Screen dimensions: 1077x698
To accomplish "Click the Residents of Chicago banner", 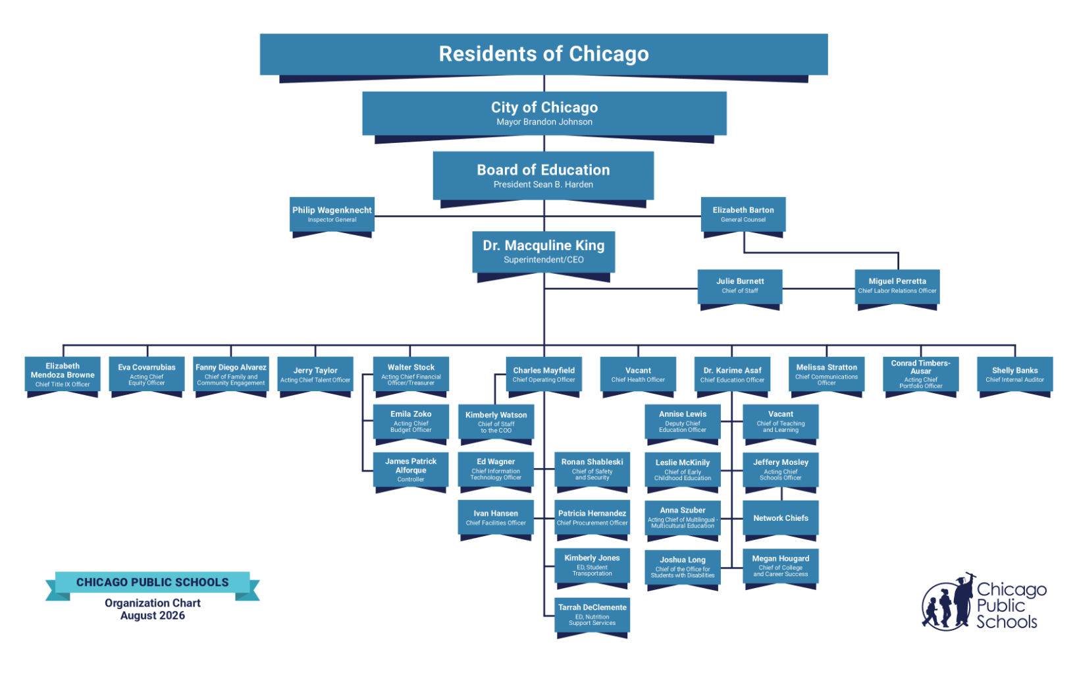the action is pyautogui.click(x=544, y=55).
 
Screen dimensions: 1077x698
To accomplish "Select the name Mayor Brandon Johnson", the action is pyautogui.click(x=544, y=122).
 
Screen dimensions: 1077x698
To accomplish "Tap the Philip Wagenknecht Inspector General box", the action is pyautogui.click(x=332, y=215).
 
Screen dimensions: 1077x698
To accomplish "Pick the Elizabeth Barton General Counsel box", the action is pyautogui.click(x=743, y=215).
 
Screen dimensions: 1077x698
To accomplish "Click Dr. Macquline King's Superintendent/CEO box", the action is pyautogui.click(x=544, y=252).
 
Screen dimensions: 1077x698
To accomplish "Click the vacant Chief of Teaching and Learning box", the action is pyautogui.click(x=781, y=422).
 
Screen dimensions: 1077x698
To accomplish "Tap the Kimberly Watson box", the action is pyautogui.click(x=496, y=422).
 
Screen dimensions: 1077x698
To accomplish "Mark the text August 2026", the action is pyautogui.click(x=153, y=616).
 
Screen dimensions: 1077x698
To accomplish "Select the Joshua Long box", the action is pyautogui.click(x=683, y=568).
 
